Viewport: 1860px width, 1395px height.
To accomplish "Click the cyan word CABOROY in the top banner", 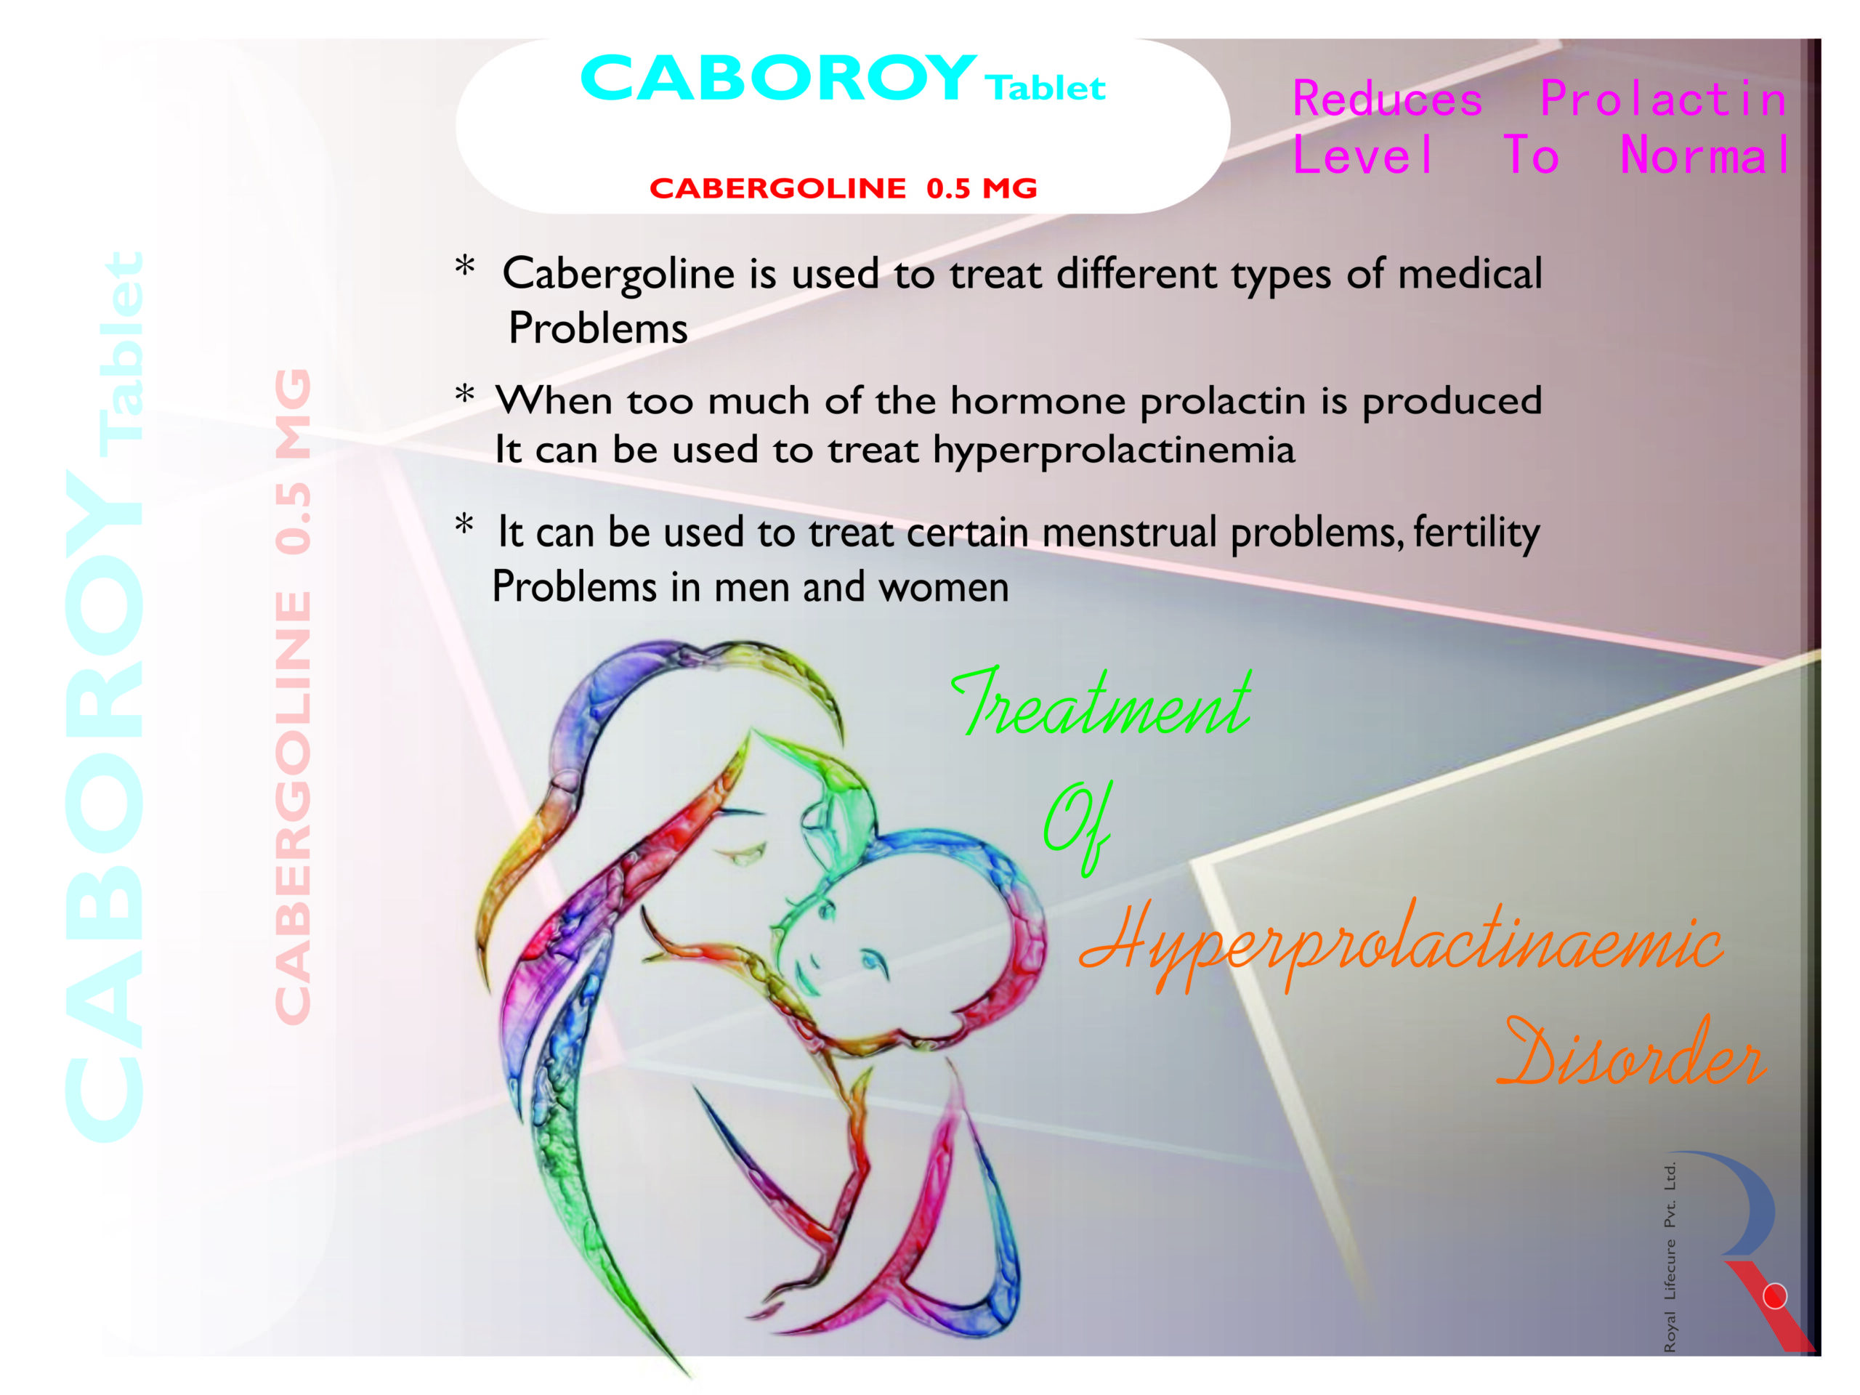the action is [779, 78].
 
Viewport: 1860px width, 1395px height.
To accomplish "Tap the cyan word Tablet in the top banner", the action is [1046, 87].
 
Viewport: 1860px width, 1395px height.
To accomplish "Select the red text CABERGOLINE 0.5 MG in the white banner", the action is [844, 187].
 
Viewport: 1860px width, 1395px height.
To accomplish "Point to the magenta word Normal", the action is [1705, 155].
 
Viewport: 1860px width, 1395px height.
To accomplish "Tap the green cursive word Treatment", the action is [1101, 702].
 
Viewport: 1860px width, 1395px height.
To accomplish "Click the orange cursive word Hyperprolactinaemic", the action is [1401, 946].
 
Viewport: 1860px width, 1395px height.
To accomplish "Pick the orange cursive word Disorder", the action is [1631, 1053].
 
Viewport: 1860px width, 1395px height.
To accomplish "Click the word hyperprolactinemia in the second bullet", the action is [1113, 450].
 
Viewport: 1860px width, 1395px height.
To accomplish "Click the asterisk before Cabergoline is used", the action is [464, 267].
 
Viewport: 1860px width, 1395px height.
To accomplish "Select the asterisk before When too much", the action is [464, 395].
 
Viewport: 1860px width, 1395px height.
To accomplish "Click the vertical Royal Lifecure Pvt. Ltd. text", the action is [1670, 1257].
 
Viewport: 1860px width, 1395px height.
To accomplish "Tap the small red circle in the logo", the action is [1774, 1295].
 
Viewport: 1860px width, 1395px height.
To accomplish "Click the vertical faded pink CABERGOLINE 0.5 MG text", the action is [294, 696].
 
